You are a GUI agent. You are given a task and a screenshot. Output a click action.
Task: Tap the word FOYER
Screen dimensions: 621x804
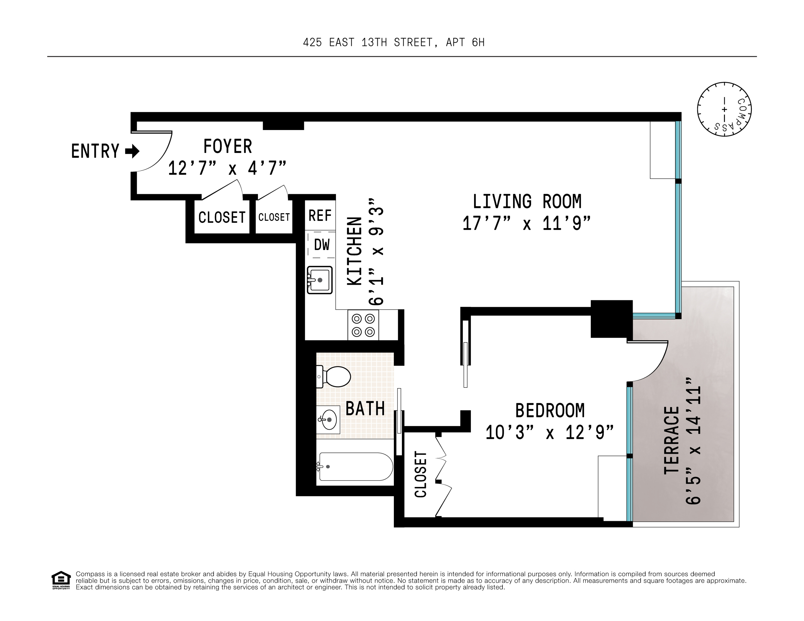click(227, 146)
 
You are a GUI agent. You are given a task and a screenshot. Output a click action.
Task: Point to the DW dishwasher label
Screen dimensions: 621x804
click(322, 245)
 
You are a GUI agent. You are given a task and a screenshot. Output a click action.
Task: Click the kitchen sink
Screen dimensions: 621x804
click(319, 280)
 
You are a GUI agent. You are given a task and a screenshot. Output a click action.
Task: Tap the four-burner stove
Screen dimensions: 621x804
click(363, 325)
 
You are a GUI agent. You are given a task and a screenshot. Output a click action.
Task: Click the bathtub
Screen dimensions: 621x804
click(355, 466)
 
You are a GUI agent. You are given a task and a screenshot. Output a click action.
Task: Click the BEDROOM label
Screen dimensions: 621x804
click(550, 410)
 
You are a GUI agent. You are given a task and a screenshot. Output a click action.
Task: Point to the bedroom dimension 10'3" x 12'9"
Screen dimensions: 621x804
click(549, 433)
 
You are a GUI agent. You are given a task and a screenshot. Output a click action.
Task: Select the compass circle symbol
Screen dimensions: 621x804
click(724, 109)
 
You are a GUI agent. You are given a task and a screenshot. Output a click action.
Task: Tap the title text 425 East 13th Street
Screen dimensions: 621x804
click(394, 43)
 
